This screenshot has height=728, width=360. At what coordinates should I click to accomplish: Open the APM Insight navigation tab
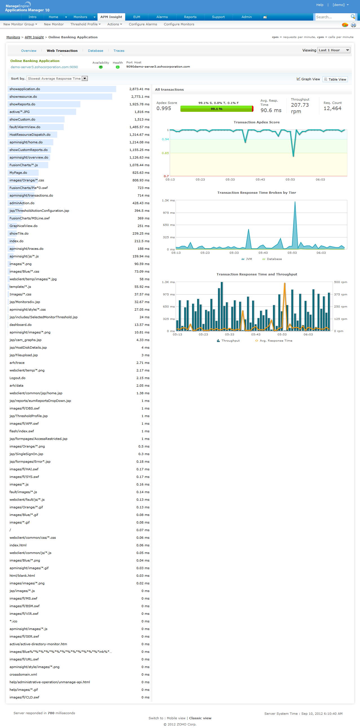coord(111,17)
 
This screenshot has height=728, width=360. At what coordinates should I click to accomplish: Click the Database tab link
coord(95,51)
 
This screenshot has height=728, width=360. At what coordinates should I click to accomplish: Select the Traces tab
coord(119,51)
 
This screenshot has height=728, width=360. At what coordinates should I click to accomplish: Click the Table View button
coord(335,79)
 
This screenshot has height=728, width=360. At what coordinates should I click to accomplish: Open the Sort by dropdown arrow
coord(85,79)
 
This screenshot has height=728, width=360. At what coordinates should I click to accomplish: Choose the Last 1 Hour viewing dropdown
coord(334,50)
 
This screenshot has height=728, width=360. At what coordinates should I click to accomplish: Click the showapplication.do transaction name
coord(25,89)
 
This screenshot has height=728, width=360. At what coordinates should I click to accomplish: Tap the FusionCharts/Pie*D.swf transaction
coord(28,188)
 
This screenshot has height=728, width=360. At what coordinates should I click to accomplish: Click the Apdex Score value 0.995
coord(164,108)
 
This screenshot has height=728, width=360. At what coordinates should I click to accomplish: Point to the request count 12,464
coord(332,108)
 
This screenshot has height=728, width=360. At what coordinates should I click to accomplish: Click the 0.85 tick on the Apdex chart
coord(165,153)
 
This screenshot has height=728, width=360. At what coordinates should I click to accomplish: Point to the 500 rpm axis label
coord(341,282)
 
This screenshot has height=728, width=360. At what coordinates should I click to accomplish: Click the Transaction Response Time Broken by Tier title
coord(257,193)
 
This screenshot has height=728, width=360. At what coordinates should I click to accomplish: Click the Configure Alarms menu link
coord(143,24)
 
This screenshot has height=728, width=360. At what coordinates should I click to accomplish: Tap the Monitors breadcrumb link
coord(13,37)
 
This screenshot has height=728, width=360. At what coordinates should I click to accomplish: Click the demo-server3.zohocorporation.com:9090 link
coord(44,67)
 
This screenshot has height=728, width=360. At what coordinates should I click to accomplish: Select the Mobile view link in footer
coord(176,718)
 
